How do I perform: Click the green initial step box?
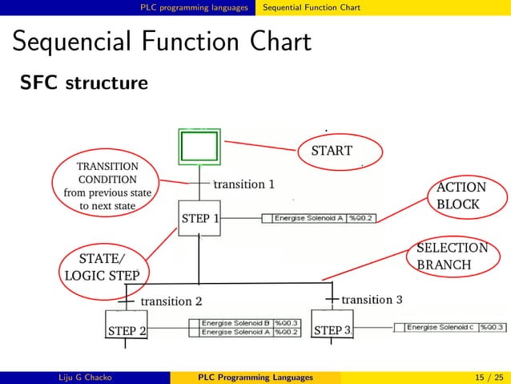coord(199,148)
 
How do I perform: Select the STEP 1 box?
coord(199,218)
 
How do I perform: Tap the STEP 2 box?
coord(127,329)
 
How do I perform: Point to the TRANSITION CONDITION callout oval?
coord(107,185)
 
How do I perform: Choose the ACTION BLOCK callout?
coord(460,196)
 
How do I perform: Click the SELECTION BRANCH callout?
coord(452,257)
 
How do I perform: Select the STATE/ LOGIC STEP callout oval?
coord(102,266)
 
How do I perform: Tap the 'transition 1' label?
coord(244,184)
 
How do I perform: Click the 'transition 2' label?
coord(171,301)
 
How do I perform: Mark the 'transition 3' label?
coord(372,300)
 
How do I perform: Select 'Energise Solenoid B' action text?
coord(236,323)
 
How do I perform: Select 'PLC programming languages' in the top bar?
coord(195,7)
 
